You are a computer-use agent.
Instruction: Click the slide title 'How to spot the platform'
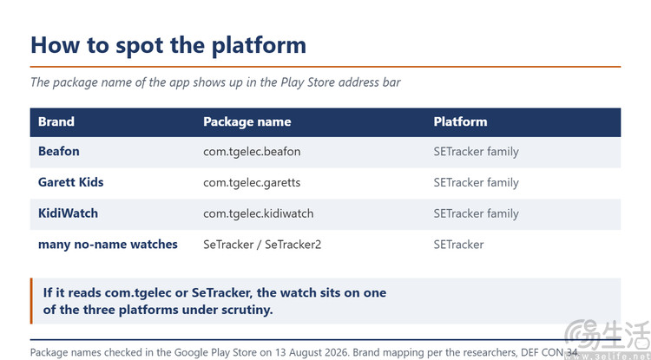[168, 45]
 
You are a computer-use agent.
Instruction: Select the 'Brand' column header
[56, 122]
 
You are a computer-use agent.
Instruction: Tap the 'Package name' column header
[247, 122]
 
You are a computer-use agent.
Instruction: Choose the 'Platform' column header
[460, 122]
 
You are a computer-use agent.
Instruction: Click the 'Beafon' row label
[58, 152]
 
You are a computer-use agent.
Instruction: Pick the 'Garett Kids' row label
[70, 182]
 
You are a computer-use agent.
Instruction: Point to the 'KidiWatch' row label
[68, 213]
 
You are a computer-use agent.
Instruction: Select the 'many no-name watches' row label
[108, 245]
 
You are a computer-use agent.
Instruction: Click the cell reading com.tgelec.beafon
[252, 152]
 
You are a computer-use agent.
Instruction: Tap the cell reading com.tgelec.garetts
[252, 183]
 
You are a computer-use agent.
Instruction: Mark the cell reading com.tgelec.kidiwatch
[259, 214]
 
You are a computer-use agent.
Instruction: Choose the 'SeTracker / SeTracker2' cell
[262, 245]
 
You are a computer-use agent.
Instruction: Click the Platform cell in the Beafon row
[477, 152]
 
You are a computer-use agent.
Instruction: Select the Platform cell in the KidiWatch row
[477, 214]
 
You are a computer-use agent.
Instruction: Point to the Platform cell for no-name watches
[459, 245]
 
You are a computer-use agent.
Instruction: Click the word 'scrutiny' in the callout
[247, 311]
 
